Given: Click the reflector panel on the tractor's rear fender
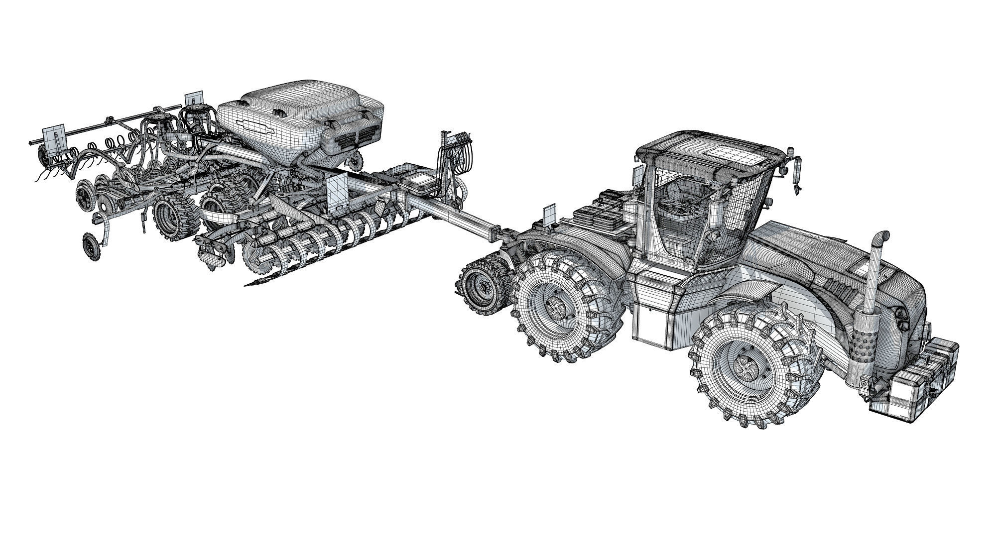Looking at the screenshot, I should coord(549,214).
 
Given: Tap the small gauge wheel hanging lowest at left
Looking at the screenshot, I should coord(90,244).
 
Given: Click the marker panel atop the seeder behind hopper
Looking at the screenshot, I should coord(193,99).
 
